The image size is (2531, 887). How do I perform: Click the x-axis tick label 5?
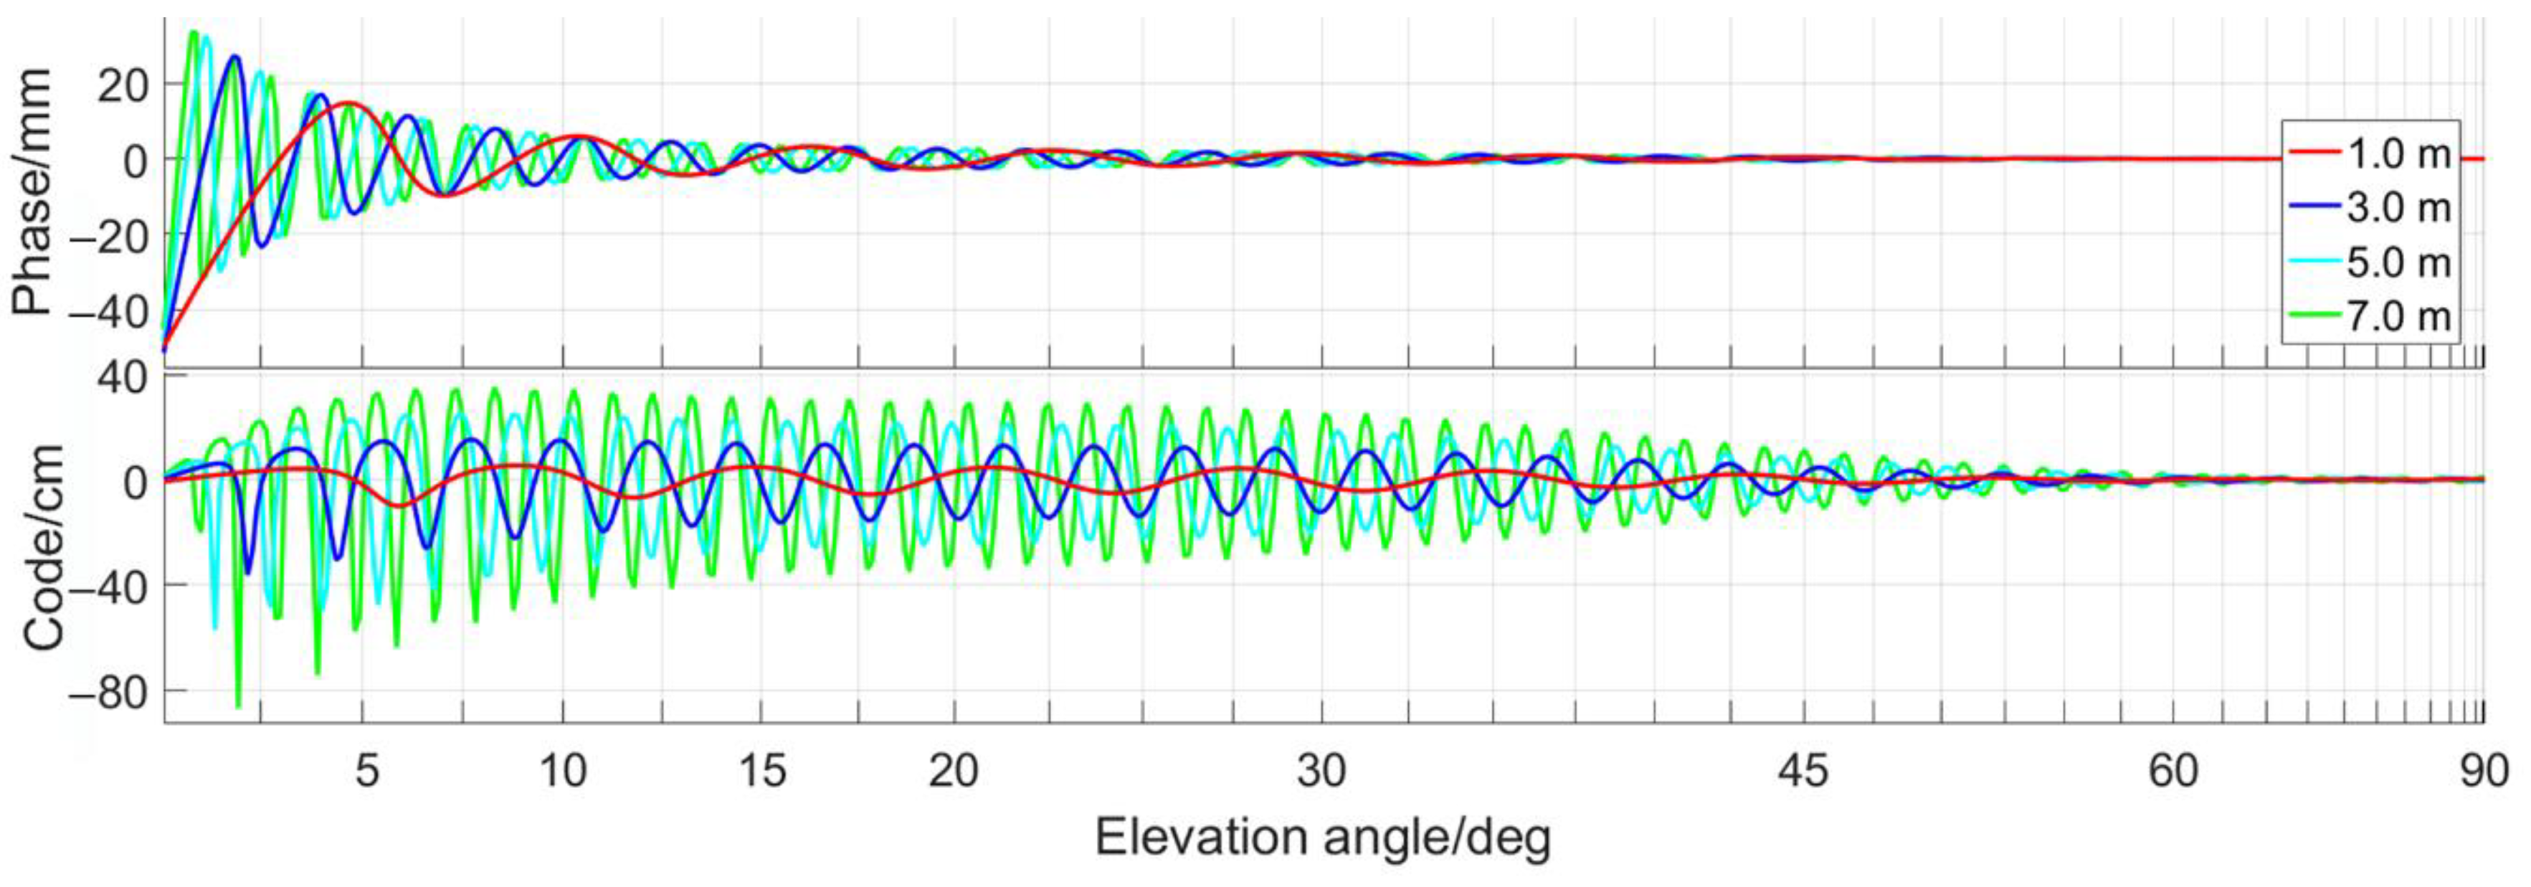click(366, 771)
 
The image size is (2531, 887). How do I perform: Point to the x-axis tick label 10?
click(563, 771)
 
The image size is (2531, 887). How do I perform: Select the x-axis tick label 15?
click(762, 771)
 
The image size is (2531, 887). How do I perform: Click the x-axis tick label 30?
click(1321, 771)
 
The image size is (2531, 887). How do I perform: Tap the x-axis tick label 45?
click(1804, 771)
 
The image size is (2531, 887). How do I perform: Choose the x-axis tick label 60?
click(2173, 771)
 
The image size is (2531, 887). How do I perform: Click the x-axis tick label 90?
click(2484, 771)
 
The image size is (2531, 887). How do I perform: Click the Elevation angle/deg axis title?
click(1322, 838)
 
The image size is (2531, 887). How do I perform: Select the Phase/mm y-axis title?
click(32, 191)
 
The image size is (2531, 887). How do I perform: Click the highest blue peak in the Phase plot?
click(234, 57)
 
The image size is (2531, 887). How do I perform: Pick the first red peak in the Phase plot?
click(348, 103)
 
